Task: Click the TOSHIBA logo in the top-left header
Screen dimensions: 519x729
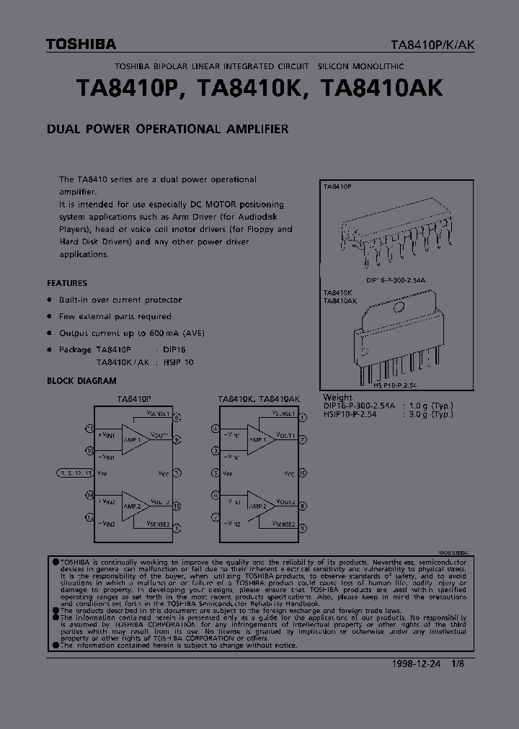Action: [81, 45]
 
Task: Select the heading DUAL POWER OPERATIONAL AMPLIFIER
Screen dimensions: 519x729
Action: [167, 129]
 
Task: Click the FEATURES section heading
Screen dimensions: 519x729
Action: [67, 283]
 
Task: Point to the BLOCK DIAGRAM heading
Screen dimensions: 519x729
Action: [81, 380]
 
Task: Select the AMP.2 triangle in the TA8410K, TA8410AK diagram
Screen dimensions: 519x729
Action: [259, 503]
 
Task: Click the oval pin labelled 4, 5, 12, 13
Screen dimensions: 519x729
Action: [74, 473]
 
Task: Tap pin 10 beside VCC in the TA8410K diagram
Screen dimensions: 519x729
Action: [303, 473]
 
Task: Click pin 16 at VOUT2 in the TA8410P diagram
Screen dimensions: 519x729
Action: [177, 506]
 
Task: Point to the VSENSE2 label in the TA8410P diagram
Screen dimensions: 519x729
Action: [158, 524]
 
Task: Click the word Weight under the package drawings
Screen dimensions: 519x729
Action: [337, 397]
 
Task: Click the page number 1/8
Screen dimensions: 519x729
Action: [458, 664]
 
